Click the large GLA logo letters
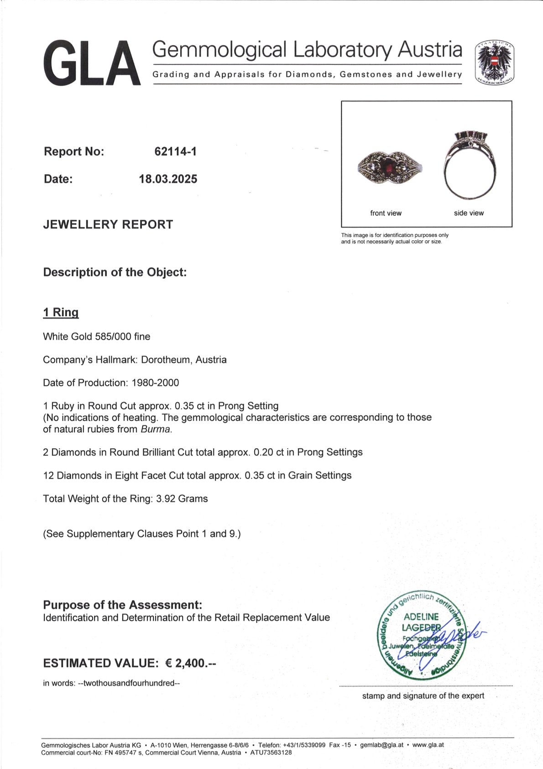coord(92,63)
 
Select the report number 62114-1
coord(176,152)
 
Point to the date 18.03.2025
coord(168,179)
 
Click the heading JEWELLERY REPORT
coord(108,225)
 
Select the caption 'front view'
coord(386,213)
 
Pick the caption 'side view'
coord(469,213)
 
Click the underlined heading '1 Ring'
coord(61,313)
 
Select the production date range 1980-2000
coord(155,383)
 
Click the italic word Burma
coord(156,430)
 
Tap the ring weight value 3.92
coord(166,499)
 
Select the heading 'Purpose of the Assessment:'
coord(122,605)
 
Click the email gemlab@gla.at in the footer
coord(381,745)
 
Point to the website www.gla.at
coord(428,745)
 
